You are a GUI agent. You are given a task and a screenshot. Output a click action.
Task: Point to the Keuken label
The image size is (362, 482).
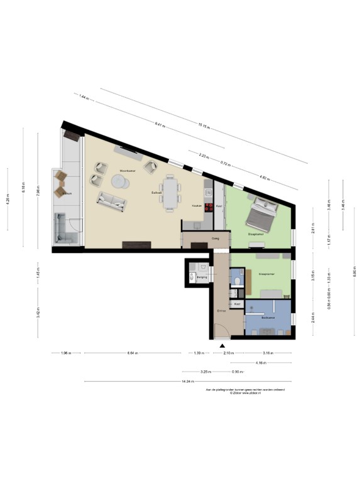[196, 205]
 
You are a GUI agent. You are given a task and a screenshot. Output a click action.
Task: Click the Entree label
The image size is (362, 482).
[221, 310]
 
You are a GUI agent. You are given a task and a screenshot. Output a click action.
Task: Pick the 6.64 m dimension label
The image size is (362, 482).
[132, 353]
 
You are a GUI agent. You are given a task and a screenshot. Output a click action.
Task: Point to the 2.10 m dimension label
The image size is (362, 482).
[230, 353]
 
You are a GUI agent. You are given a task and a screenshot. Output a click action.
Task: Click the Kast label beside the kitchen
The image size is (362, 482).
[219, 206]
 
